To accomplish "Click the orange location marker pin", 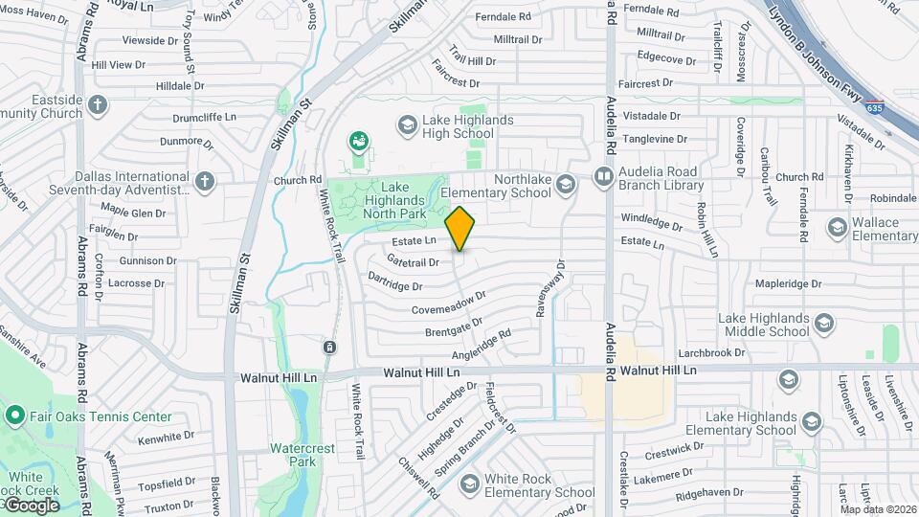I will pyautogui.click(x=459, y=228).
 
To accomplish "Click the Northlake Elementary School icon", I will pyautogui.click(x=566, y=184).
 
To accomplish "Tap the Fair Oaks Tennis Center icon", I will pyautogui.click(x=14, y=416).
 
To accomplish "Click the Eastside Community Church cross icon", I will pyautogui.click(x=97, y=104).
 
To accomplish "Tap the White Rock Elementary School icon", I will pyautogui.click(x=469, y=483).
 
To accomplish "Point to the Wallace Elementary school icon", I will pyautogui.click(x=834, y=229).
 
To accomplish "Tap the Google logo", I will pyautogui.click(x=31, y=506).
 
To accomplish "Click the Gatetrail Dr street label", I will pyautogui.click(x=414, y=261).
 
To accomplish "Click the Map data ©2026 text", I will pyautogui.click(x=878, y=508).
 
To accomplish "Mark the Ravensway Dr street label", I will pyautogui.click(x=557, y=279).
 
